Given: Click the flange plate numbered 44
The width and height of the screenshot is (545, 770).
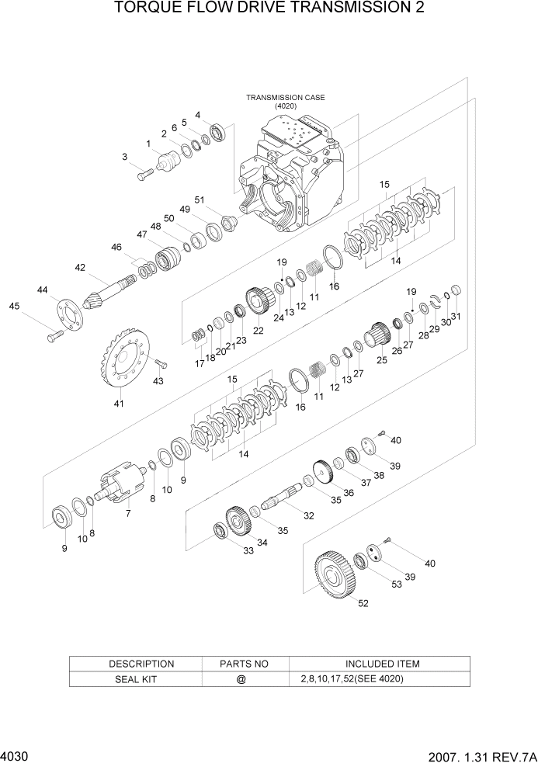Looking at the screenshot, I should tap(70, 317).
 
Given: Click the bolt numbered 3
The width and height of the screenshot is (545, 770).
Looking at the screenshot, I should tap(145, 176).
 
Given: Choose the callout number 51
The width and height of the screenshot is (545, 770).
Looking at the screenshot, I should tap(200, 199).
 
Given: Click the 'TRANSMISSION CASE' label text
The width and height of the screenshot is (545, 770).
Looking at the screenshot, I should tap(285, 98).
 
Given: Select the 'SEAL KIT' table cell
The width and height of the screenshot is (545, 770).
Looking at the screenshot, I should tap(135, 678).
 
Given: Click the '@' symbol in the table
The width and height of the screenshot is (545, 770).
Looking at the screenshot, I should tap(241, 678).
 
